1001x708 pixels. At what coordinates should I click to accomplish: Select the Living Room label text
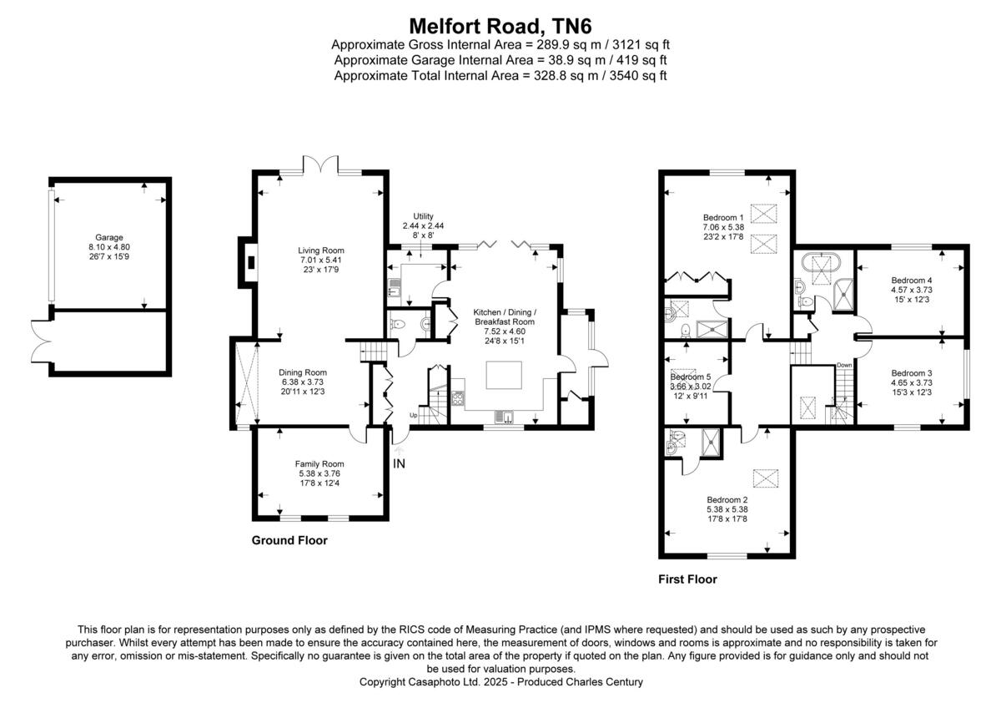pos(321,250)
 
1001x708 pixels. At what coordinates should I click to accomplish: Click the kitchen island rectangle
pos(506,374)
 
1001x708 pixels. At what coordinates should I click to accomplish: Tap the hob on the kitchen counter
pos(458,400)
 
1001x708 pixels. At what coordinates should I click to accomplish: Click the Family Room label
pos(319,464)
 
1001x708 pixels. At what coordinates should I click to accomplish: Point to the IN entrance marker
pos(399,463)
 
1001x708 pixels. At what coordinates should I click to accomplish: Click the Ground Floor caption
pos(289,540)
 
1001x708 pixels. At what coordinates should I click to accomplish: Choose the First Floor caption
pos(687,579)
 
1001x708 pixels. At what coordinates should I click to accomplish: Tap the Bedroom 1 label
pos(723,217)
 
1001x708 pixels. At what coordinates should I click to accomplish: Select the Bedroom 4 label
pos(911,280)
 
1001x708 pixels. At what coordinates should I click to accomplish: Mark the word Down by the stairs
pos(844,364)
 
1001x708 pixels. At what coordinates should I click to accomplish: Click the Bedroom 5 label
pos(691,376)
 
